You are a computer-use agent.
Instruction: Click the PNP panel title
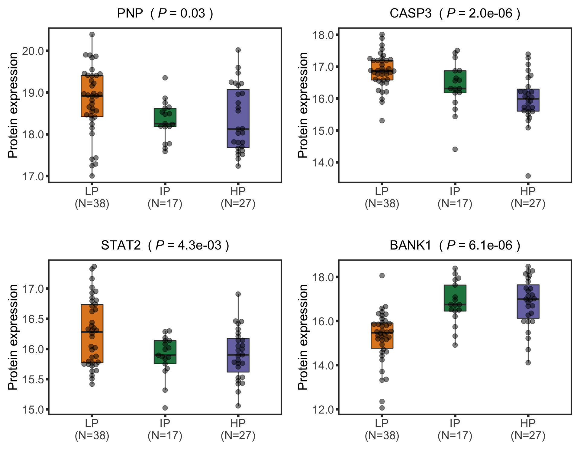click(x=165, y=14)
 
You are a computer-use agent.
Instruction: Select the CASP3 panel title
click(x=455, y=14)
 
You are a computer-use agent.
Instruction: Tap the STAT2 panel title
click(x=165, y=245)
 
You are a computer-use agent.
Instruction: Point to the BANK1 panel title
click(x=455, y=245)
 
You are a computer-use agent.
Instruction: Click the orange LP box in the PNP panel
click(x=92, y=106)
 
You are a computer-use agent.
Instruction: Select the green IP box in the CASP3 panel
click(x=455, y=82)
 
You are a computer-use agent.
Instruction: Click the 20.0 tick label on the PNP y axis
click(x=33, y=51)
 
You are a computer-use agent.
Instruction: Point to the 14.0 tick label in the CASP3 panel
click(x=323, y=163)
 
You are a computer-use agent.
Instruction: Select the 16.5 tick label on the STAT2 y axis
click(x=33, y=319)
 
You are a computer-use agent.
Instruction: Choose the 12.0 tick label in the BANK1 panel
click(x=323, y=410)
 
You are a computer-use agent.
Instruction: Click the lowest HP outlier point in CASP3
click(x=528, y=176)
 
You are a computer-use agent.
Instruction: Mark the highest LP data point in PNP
click(x=92, y=34)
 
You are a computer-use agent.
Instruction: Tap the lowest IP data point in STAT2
click(x=165, y=408)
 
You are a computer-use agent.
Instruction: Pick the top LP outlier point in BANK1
click(x=382, y=275)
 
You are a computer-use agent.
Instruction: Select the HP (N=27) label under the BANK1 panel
click(x=528, y=429)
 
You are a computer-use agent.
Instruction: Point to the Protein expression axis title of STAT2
click(x=13, y=337)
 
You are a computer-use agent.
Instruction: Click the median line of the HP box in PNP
click(x=238, y=129)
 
